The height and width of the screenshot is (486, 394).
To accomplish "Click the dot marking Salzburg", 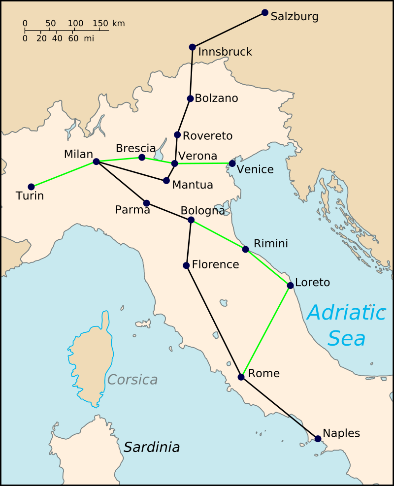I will (265, 12).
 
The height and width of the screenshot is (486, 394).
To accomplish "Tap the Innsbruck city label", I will (225, 52).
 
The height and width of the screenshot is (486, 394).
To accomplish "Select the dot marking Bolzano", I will (191, 98).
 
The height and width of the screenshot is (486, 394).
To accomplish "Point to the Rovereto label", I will (207, 136).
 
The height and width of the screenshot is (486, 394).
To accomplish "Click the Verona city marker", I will (174, 163).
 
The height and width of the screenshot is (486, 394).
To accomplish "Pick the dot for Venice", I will (232, 163).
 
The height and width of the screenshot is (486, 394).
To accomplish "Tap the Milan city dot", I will (96, 162).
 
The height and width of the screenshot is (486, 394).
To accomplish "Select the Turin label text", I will (30, 196).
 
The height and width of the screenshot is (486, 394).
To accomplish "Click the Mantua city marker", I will (166, 181).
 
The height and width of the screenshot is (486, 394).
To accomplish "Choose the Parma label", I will (132, 210).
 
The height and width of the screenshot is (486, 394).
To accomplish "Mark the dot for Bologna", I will (191, 220).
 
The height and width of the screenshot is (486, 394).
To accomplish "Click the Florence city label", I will (215, 264).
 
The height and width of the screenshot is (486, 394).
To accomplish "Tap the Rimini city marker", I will (245, 249).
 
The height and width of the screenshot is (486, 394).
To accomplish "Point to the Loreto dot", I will (291, 285).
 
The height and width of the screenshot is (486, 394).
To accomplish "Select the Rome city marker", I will (241, 377).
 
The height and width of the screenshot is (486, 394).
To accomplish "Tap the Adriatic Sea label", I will (346, 325).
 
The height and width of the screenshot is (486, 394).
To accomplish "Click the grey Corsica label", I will (132, 380).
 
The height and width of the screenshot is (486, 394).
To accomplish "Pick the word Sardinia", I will (151, 447).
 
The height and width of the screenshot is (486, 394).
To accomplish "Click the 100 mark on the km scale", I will (75, 23).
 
